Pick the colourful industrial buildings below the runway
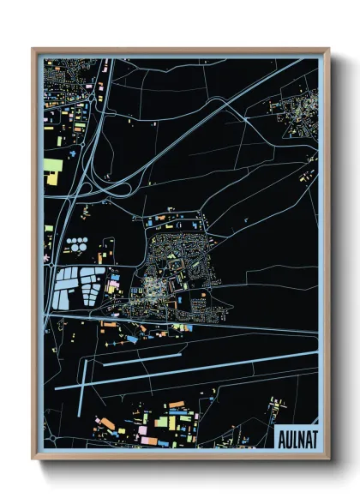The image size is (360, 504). pyautogui.click(x=154, y=424)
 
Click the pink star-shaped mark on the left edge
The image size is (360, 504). pyautogui.click(x=47, y=258)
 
